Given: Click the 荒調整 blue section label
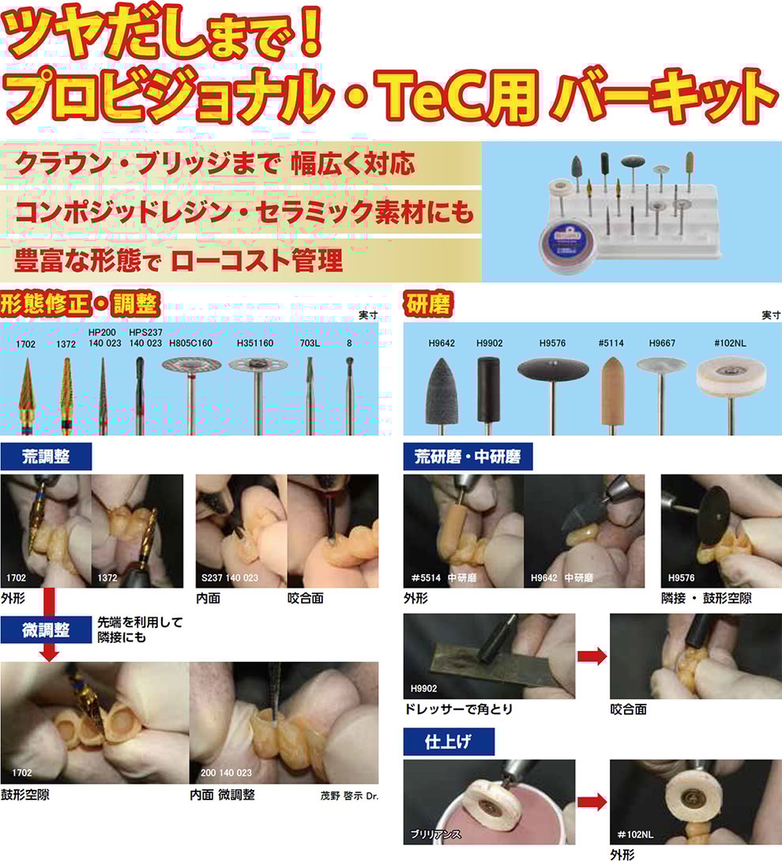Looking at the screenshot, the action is [x=46, y=457].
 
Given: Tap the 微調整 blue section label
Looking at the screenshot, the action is [x=46, y=630].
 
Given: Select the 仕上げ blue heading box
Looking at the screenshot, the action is [x=449, y=742].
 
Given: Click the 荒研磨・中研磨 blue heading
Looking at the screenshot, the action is [x=468, y=457].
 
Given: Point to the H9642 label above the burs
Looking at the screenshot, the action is [x=442, y=343].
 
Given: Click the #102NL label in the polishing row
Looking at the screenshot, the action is [x=730, y=343].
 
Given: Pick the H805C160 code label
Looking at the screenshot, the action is [x=190, y=343].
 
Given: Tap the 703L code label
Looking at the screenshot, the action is [x=310, y=343].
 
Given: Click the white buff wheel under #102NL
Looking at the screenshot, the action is [x=731, y=378].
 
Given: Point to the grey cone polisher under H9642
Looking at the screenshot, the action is [x=442, y=390].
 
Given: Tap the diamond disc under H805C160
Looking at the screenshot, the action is [x=192, y=365].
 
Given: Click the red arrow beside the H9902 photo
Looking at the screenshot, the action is [x=592, y=656].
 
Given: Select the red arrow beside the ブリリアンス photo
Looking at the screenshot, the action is [x=592, y=802].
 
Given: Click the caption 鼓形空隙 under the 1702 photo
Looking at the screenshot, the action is [x=25, y=795].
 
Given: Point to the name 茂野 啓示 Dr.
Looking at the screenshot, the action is [x=349, y=795].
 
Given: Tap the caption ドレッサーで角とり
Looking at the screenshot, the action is [x=458, y=709].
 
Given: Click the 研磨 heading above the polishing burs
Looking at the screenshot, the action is [x=428, y=303].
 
